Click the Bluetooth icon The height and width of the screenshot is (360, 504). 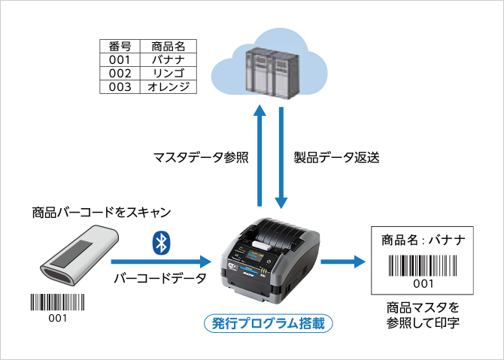[159, 241]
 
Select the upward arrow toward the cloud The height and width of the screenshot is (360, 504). [259, 154]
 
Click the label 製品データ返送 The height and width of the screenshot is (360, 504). [336, 158]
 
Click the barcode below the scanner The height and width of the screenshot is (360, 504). [58, 302]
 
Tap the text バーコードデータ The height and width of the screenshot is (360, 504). [159, 280]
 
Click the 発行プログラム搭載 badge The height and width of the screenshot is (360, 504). [269, 324]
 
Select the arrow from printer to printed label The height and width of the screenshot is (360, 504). [342, 262]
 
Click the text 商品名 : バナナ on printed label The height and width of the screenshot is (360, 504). [424, 241]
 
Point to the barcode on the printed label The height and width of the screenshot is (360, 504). [424, 266]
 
